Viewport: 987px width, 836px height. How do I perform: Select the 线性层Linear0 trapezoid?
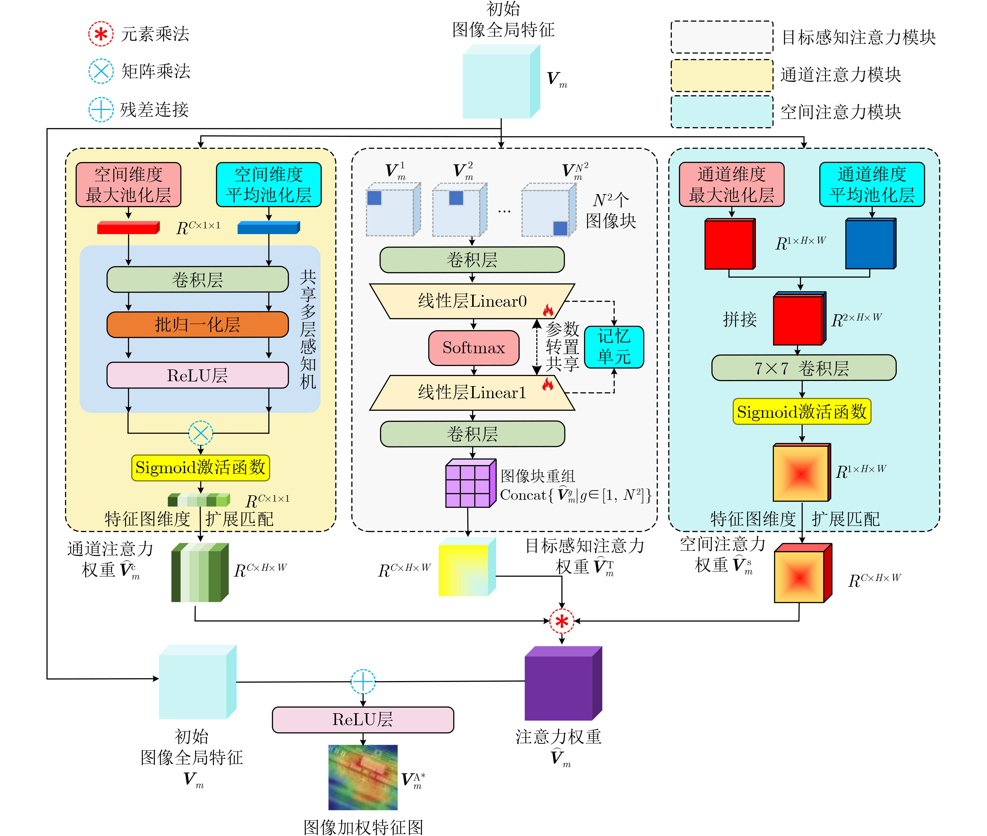click(472, 301)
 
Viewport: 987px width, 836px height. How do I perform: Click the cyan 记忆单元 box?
click(614, 347)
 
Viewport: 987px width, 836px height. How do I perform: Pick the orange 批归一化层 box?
click(197, 325)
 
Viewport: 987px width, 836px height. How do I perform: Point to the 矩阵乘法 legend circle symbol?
click(101, 72)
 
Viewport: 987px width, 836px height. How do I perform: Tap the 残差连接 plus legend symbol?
click(101, 109)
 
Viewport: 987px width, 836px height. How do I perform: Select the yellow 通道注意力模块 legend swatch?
click(722, 75)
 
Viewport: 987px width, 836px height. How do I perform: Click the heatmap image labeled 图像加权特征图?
click(363, 777)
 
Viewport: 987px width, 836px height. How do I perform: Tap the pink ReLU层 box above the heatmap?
click(363, 719)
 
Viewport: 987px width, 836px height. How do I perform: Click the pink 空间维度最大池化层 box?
click(128, 185)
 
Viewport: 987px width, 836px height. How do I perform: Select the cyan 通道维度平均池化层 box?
click(871, 185)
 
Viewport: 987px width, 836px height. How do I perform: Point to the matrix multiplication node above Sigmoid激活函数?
click(201, 433)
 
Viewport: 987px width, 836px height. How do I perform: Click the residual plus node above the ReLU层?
click(363, 682)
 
